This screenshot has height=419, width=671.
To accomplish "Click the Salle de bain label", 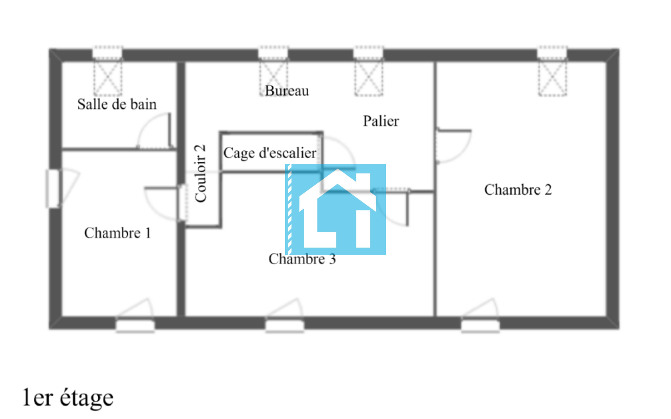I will [x=117, y=104].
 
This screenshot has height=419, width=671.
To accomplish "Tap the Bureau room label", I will [x=287, y=91].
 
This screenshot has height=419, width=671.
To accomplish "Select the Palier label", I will [x=381, y=121].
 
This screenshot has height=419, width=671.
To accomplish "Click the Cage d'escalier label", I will [x=270, y=153].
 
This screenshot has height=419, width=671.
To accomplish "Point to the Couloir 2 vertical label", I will [x=200, y=173].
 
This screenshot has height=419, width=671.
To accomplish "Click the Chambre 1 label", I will [x=117, y=233].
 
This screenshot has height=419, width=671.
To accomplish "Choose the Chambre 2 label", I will [x=518, y=189].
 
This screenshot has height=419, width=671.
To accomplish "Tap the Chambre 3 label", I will [x=302, y=259].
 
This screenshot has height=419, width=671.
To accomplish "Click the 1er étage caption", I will [x=68, y=397].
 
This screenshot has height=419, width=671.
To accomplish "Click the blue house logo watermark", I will [x=335, y=209].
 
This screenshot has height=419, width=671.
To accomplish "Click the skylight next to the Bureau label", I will [x=273, y=76].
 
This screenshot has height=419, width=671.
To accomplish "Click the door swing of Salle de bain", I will [x=155, y=132].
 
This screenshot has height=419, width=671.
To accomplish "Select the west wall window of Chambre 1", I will [x=53, y=189].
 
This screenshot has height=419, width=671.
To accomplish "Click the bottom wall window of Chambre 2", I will [x=480, y=325].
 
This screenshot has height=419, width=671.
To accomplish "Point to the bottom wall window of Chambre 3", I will [x=285, y=325].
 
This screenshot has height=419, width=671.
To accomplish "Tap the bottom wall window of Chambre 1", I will [x=135, y=325].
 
